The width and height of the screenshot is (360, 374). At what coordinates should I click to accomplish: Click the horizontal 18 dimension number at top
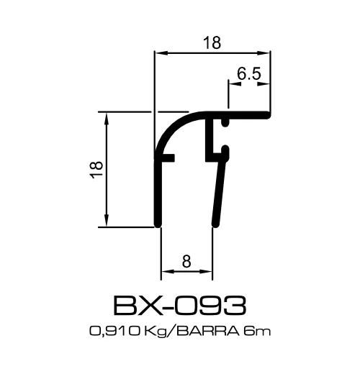pos(211,42)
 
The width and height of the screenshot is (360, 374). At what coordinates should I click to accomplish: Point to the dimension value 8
pos(186,262)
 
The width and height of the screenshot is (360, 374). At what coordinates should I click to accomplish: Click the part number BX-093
pos(180,306)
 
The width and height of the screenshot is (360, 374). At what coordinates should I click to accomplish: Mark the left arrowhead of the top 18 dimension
pos(161,53)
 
